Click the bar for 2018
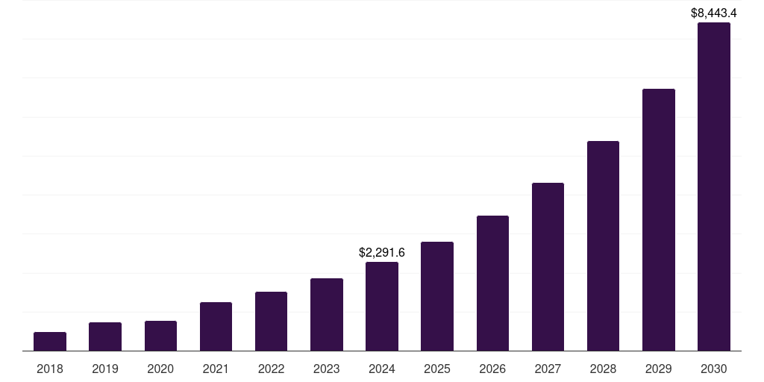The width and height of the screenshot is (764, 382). [50, 342]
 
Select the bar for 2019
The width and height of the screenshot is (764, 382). [105, 336]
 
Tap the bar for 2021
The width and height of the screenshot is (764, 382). [216, 327]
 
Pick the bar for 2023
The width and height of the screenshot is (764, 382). [327, 315]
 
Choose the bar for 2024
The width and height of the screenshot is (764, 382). [382, 307]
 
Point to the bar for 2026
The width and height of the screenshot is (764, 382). [492, 284]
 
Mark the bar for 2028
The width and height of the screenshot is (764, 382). [603, 246]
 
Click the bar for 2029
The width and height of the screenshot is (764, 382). [659, 220]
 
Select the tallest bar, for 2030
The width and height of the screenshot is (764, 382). [714, 187]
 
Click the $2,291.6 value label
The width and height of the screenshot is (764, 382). [382, 253]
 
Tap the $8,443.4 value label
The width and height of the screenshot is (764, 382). [714, 13]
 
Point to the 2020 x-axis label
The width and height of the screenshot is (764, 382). [160, 369]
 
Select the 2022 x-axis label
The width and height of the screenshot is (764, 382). [271, 369]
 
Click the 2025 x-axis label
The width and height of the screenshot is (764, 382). [437, 369]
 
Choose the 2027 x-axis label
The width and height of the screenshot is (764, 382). [548, 369]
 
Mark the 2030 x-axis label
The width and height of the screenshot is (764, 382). [714, 369]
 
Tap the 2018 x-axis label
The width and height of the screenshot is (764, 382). [50, 369]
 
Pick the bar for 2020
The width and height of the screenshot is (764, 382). [160, 336]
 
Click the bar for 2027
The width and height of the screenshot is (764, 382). [548, 267]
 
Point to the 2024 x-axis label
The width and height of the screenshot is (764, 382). [382, 369]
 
